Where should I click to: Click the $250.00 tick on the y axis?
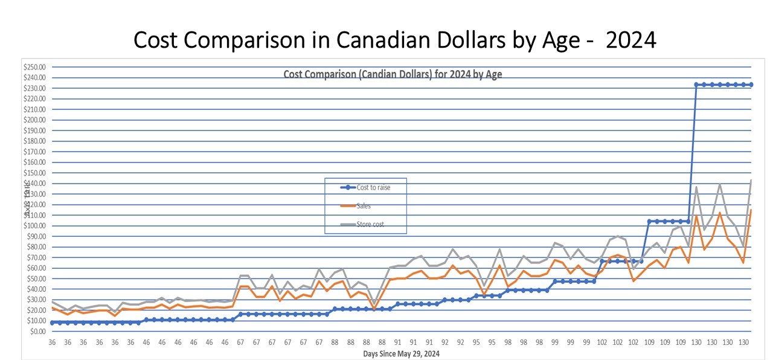pyautogui.click(x=37, y=67)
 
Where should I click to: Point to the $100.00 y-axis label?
pyautogui.click(x=37, y=226)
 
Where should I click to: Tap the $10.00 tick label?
pyautogui.click(x=38, y=321)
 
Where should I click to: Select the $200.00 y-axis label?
pyautogui.click(x=37, y=120)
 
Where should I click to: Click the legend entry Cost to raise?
pyautogui.click(x=373, y=187)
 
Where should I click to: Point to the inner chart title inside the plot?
pyautogui.click(x=393, y=75)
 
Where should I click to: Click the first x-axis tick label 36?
pyautogui.click(x=52, y=342)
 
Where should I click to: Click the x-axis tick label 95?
pyautogui.click(x=476, y=342)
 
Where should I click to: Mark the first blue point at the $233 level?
pyautogui.click(x=696, y=85)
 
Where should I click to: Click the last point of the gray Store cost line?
pyautogui.click(x=751, y=180)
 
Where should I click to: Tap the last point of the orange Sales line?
pyautogui.click(x=751, y=210)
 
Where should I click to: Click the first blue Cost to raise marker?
pyautogui.click(x=52, y=323)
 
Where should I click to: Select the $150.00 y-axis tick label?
pyautogui.click(x=37, y=173)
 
